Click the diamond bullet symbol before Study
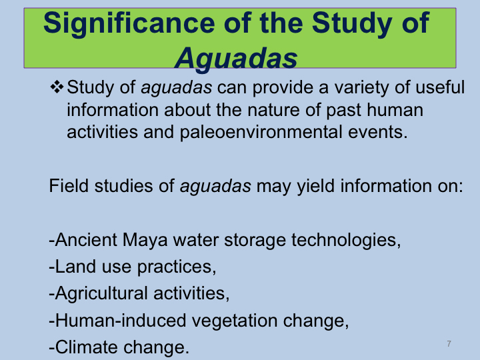pos(57,87)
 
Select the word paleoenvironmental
pos(261,132)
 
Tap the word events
pos(378,132)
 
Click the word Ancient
pos(86,239)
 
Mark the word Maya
pos(145,240)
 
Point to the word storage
pos(255,240)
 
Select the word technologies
pos(346,240)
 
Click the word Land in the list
pos(75,266)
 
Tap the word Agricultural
pos(101,293)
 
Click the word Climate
pos(87,347)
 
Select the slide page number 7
pos(449,344)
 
